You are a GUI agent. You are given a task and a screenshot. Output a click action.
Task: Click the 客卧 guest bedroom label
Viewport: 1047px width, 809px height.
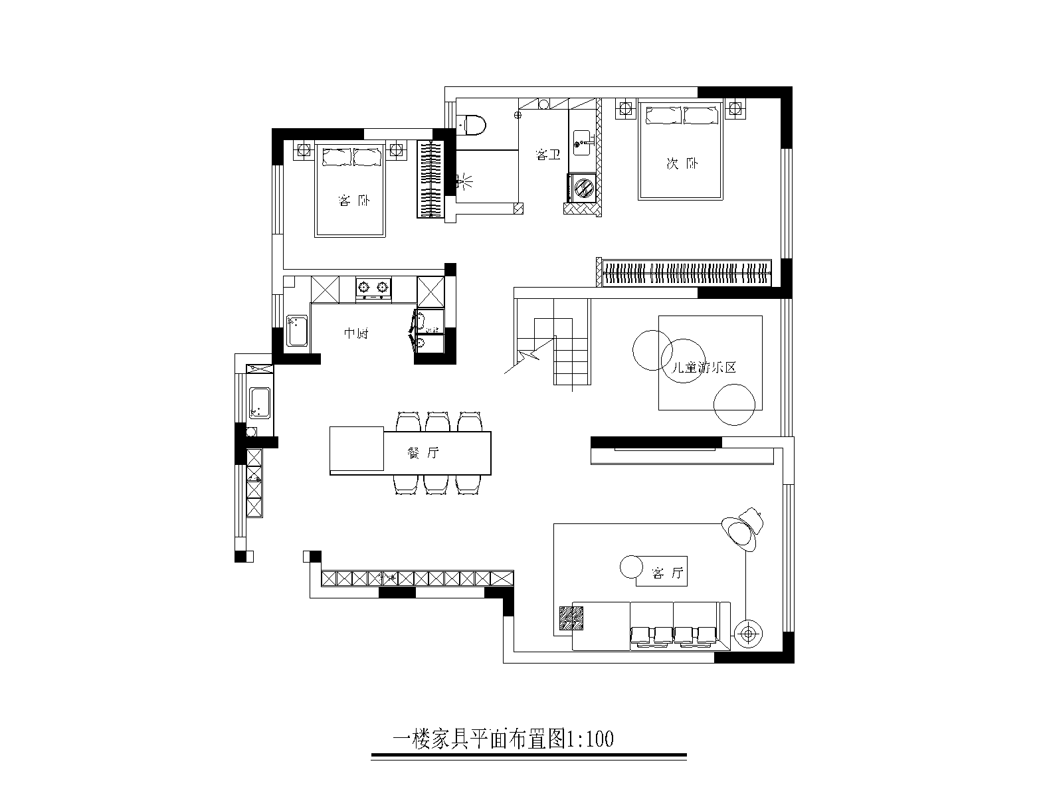353,201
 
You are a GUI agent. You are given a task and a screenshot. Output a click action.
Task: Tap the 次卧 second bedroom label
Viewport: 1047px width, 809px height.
682,163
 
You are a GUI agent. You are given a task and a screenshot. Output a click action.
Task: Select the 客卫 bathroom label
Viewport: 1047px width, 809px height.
548,155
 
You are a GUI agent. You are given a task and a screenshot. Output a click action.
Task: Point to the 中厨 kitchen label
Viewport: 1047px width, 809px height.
356,333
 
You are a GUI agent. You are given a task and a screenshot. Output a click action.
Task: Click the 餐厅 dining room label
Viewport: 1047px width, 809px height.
423,453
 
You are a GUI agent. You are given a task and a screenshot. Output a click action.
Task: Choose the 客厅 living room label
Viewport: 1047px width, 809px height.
667,573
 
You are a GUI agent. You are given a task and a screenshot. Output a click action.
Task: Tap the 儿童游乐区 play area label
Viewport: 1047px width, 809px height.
704,367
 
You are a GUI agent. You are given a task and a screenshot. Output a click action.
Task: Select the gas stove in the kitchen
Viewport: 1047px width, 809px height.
373,290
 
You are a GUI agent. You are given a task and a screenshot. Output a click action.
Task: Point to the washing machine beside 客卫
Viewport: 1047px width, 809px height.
583,187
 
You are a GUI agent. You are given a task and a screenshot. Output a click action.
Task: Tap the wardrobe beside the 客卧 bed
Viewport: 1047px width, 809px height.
430,179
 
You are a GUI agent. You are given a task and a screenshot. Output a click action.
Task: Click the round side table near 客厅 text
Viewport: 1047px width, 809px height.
632,567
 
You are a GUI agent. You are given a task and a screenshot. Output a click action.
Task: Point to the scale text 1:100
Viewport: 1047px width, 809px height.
590,739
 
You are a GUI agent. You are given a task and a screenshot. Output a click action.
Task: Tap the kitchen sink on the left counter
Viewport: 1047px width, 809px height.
297,331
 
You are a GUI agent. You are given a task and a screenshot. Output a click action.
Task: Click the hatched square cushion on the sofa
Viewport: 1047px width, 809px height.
571,618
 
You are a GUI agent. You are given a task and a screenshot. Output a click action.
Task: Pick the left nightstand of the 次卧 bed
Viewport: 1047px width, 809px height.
625,110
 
